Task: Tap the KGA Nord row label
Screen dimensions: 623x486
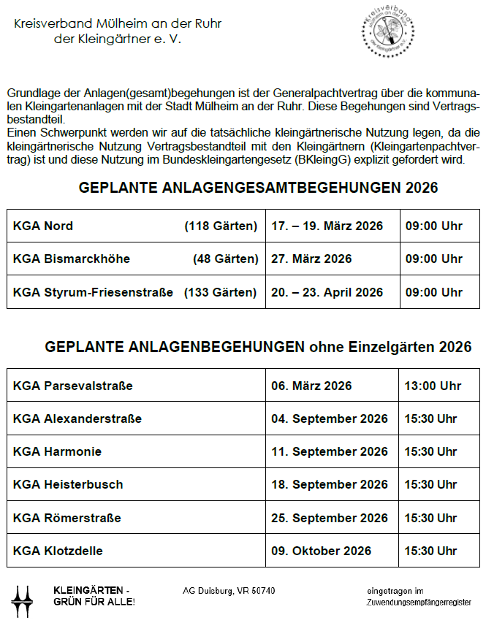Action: tap(43, 226)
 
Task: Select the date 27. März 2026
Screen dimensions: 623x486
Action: tap(311, 259)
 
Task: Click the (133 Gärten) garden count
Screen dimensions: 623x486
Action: tap(221, 293)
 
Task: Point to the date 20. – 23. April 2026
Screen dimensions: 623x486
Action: tap(327, 293)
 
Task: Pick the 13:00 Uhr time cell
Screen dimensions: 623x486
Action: tap(433, 386)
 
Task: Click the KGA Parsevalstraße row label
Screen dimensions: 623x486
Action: tap(73, 386)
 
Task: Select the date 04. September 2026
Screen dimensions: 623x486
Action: tap(330, 419)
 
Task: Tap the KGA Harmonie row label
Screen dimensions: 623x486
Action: tap(57, 452)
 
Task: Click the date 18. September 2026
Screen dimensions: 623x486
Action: tap(330, 485)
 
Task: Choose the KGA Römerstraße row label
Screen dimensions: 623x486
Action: tap(67, 519)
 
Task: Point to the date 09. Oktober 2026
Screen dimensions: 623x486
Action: tap(322, 551)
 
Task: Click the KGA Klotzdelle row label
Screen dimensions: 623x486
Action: tap(58, 551)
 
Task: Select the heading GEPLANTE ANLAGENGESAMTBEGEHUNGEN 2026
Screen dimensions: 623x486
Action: tap(258, 188)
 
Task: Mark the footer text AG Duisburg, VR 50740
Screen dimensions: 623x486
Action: tap(229, 590)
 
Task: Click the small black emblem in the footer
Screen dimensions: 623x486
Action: tap(23, 600)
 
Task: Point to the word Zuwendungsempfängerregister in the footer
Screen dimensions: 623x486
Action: tap(419, 603)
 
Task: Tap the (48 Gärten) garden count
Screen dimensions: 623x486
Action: tap(226, 259)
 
